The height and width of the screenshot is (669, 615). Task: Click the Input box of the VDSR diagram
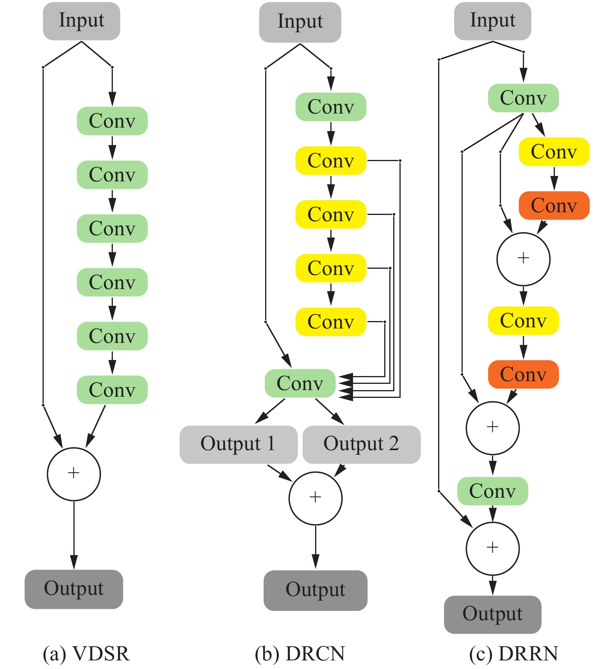[x=81, y=21]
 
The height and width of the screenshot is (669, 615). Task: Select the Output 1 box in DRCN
[x=238, y=444]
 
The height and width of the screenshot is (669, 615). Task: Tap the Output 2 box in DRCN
[x=362, y=444]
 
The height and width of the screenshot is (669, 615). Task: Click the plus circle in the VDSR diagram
[x=74, y=474]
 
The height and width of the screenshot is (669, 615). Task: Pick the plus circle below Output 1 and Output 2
[x=316, y=498]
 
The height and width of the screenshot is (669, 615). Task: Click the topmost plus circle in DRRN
[x=523, y=259]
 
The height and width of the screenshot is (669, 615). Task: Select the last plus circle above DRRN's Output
[x=493, y=548]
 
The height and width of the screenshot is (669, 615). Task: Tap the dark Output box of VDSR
[x=74, y=589]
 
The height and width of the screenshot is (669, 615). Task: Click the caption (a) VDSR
[x=86, y=653]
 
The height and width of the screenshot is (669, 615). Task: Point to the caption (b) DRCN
[x=300, y=653]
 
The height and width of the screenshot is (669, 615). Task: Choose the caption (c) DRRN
[x=514, y=653]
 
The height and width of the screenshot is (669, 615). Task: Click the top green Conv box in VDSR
[x=112, y=121]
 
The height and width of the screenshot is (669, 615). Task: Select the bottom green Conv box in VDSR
[x=112, y=390]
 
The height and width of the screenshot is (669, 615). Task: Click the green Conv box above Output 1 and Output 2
[x=300, y=383]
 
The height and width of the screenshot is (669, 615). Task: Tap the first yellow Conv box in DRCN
[x=331, y=160]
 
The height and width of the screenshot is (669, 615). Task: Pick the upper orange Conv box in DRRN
[x=554, y=206]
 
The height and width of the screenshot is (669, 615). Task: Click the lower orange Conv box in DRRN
[x=523, y=374]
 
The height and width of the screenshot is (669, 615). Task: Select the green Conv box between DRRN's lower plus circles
[x=493, y=491]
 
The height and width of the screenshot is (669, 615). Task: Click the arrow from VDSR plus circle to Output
[x=74, y=534]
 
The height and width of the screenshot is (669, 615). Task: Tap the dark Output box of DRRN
[x=493, y=614]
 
